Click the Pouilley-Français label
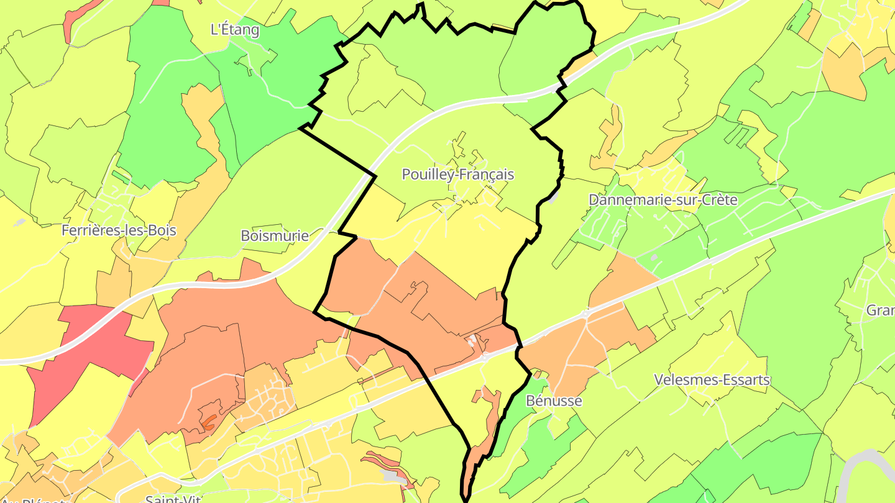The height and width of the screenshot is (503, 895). tap(458, 174)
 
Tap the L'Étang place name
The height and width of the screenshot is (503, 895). tap(235, 29)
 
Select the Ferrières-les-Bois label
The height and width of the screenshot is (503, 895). tap(119, 230)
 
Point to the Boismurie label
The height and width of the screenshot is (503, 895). tap(275, 236)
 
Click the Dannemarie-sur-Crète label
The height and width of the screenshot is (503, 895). tap(663, 200)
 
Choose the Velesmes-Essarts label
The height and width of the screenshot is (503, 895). tap(712, 380)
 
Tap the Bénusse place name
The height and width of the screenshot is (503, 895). tap(554, 401)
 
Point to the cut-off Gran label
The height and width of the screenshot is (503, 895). tap(881, 310)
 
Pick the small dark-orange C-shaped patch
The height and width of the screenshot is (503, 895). tap(209, 422)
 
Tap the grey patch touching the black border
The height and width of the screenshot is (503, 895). tap(553, 197)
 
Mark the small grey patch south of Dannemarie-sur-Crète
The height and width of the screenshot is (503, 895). tap(653, 257)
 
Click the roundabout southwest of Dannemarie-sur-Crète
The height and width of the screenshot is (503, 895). tap(585, 314)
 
